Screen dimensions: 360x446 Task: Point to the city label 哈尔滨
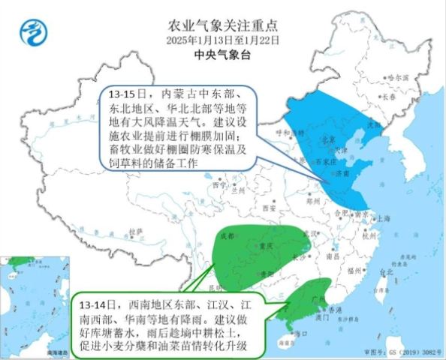click(x=398, y=77)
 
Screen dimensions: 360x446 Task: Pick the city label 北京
click(x=327, y=139)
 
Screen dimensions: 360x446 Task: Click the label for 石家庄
click(x=324, y=161)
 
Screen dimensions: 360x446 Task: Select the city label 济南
click(x=344, y=173)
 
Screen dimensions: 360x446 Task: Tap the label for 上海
click(x=384, y=218)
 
